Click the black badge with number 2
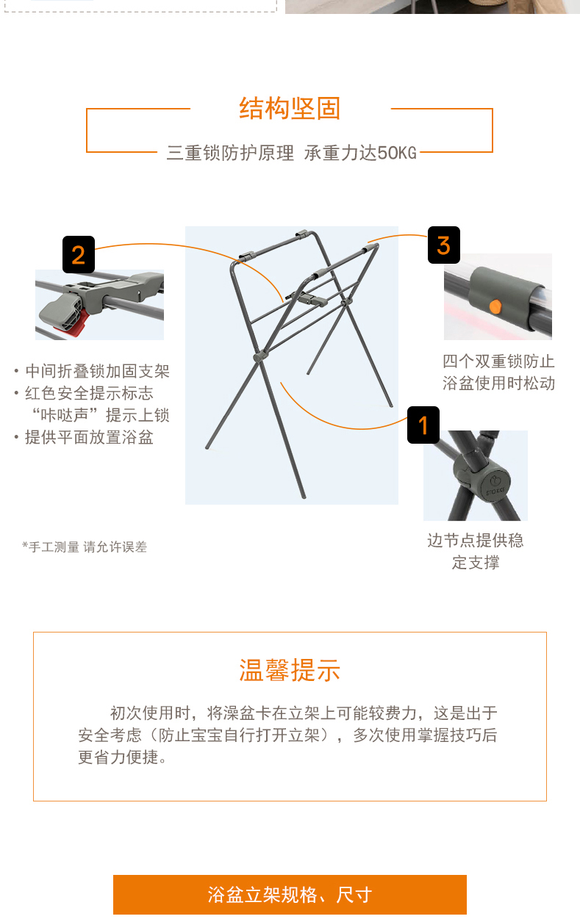tap(79, 254)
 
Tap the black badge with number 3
tap(444, 245)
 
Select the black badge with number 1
tap(423, 425)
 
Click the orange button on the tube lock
tap(495, 306)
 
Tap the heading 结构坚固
tap(290, 109)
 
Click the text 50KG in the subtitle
tap(396, 153)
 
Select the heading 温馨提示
tap(290, 671)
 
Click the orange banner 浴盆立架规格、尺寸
tap(290, 895)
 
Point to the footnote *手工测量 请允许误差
tap(85, 547)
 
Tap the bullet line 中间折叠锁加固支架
tap(97, 371)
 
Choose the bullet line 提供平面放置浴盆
tap(89, 437)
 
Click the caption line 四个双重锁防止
tap(498, 361)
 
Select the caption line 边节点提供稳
tap(476, 541)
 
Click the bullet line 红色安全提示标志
tap(89, 394)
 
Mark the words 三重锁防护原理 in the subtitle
tap(230, 153)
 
